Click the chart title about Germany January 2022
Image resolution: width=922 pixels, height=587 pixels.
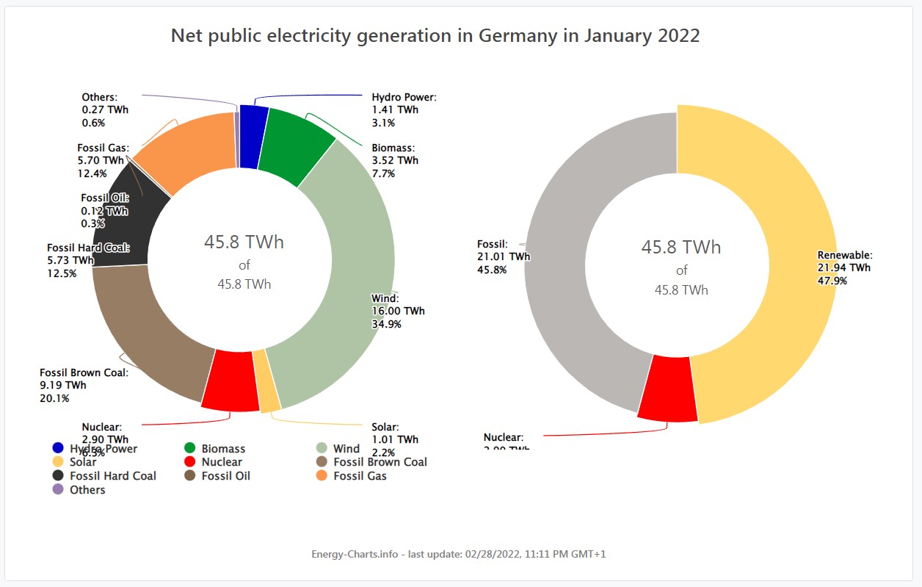coord(435,36)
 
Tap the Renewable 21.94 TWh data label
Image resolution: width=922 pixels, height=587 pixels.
coord(844,267)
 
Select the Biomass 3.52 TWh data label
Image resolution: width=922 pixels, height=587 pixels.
coord(395,160)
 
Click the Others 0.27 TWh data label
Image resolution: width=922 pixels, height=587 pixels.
coord(105,109)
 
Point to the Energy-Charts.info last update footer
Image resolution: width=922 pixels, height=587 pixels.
coord(459,554)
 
